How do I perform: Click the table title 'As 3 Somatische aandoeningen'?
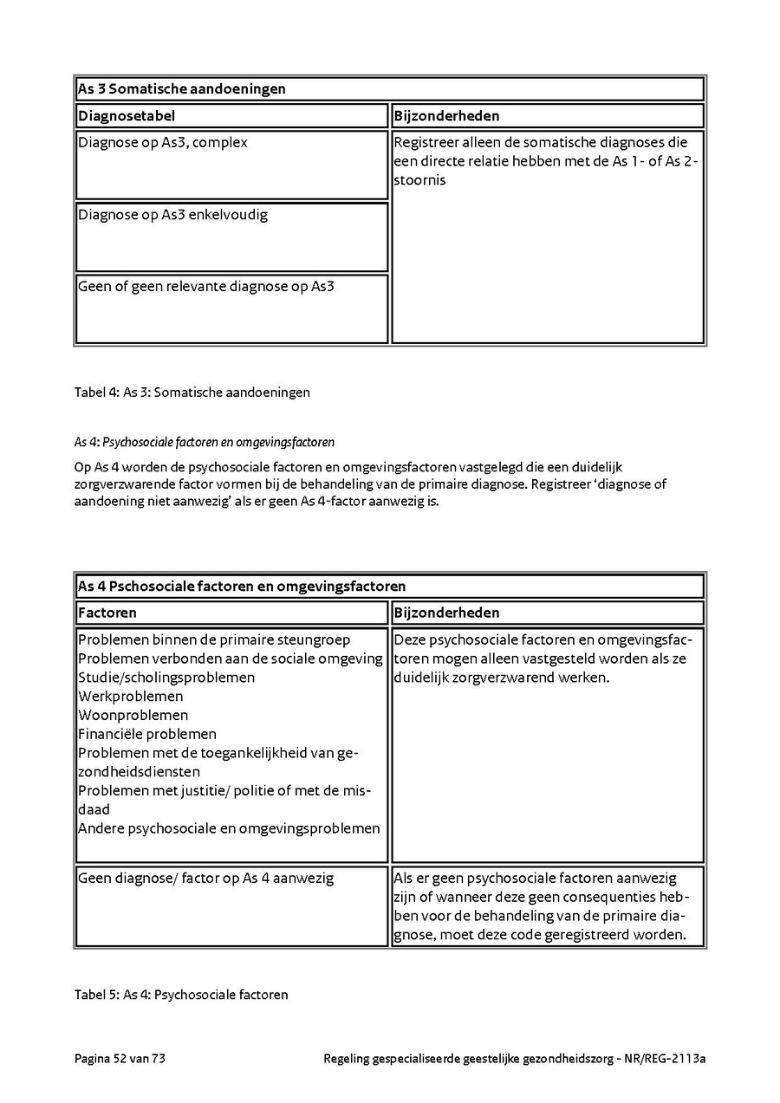pyautogui.click(x=182, y=89)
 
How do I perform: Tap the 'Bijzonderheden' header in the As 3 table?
pyautogui.click(x=446, y=116)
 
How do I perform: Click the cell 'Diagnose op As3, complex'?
pyautogui.click(x=163, y=143)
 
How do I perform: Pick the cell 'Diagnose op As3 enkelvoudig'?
pyautogui.click(x=173, y=215)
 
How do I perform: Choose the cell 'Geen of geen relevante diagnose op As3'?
pyautogui.click(x=206, y=287)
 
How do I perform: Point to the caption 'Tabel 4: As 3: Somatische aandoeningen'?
pyautogui.click(x=192, y=393)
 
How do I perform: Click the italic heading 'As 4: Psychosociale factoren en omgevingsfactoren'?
pyautogui.click(x=205, y=443)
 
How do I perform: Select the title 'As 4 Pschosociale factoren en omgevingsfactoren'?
pyautogui.click(x=242, y=587)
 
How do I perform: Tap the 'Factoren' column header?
pyautogui.click(x=107, y=613)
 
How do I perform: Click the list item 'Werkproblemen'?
pyautogui.click(x=131, y=697)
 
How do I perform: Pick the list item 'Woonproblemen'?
pyautogui.click(x=133, y=716)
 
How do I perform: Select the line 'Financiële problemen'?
pyautogui.click(x=147, y=735)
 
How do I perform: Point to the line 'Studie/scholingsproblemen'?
pyautogui.click(x=166, y=678)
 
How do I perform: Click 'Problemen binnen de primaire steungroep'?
pyautogui.click(x=214, y=640)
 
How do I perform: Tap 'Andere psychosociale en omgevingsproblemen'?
pyautogui.click(x=229, y=829)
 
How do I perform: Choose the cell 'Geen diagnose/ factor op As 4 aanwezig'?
pyautogui.click(x=206, y=879)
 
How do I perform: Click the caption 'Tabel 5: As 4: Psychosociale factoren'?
pyautogui.click(x=181, y=995)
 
